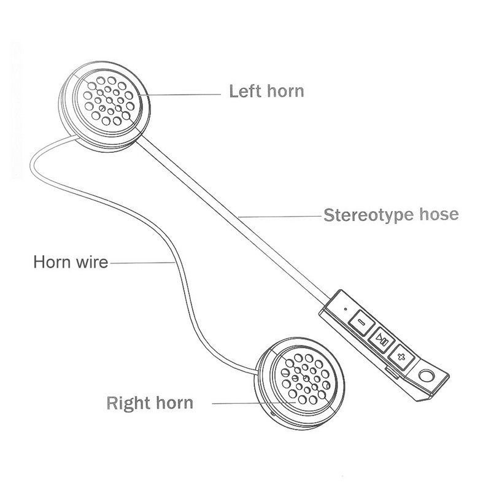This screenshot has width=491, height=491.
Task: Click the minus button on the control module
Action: (x=361, y=320)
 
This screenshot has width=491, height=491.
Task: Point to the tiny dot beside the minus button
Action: (x=345, y=304)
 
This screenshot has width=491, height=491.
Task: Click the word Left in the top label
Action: (x=244, y=92)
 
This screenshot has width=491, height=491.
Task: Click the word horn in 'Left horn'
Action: (x=284, y=92)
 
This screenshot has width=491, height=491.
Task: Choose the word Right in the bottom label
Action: (x=130, y=403)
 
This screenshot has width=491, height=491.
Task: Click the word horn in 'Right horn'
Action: (x=174, y=403)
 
